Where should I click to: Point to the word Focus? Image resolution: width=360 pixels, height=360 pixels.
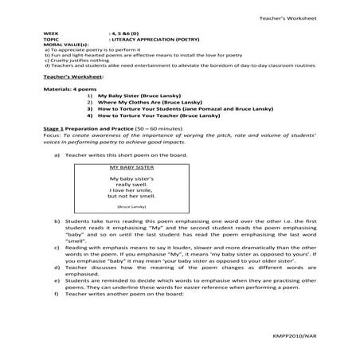coord(52,155)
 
